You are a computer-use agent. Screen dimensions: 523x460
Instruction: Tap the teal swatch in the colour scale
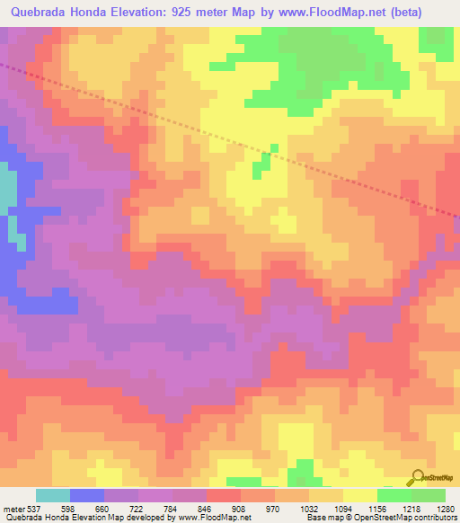53,495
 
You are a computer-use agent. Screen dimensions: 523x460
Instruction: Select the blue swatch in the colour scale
87,495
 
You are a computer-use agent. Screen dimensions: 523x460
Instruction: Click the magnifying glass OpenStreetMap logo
420,478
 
